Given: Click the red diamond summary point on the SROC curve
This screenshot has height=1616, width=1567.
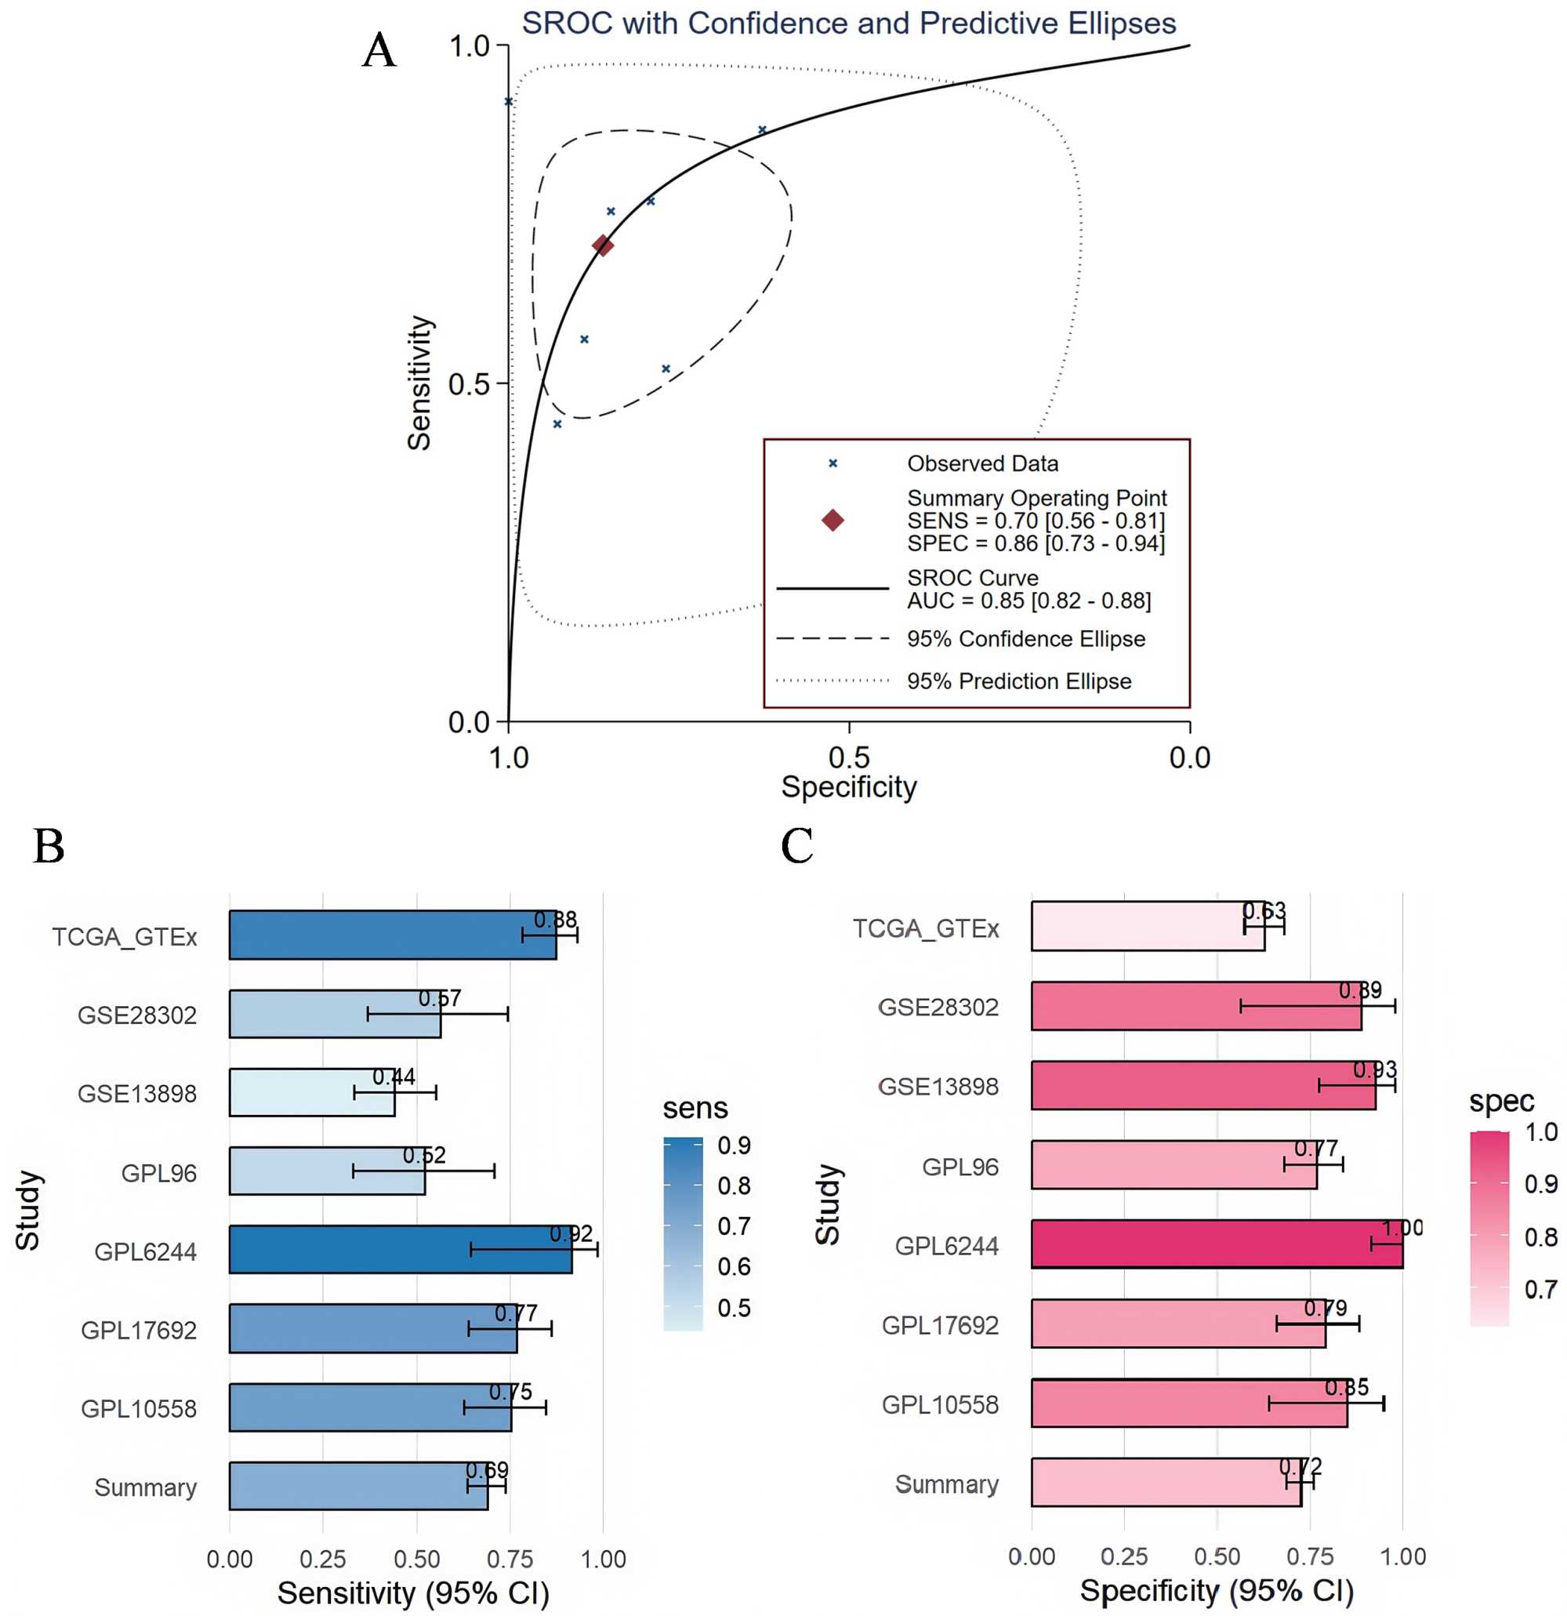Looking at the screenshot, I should click(x=603, y=245).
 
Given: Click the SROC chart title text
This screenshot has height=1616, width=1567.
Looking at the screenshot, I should click(x=848, y=23).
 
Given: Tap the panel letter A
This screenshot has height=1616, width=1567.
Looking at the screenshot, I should click(x=379, y=50).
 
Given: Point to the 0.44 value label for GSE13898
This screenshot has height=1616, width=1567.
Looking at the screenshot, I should click(x=394, y=1077).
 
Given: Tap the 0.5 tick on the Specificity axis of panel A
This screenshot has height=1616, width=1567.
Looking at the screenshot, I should click(x=849, y=757).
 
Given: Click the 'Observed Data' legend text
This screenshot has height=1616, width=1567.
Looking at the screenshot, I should click(x=981, y=463).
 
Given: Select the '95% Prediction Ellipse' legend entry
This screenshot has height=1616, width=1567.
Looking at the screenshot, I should click(x=1019, y=681).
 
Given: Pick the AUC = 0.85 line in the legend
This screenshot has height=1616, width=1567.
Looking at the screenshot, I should click(x=1028, y=601).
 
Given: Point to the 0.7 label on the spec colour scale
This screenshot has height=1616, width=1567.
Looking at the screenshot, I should click(x=1540, y=1290).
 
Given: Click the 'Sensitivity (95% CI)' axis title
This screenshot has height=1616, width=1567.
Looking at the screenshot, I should click(x=412, y=1593).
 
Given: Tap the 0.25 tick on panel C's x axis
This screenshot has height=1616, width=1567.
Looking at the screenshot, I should click(x=1124, y=1556).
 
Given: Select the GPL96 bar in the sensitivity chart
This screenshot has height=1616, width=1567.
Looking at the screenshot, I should click(x=326, y=1171).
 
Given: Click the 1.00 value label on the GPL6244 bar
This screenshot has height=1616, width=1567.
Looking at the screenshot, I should click(x=1402, y=1229).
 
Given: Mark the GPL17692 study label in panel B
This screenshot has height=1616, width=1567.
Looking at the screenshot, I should click(x=139, y=1330).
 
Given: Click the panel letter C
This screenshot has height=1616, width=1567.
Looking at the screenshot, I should click(x=796, y=846).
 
